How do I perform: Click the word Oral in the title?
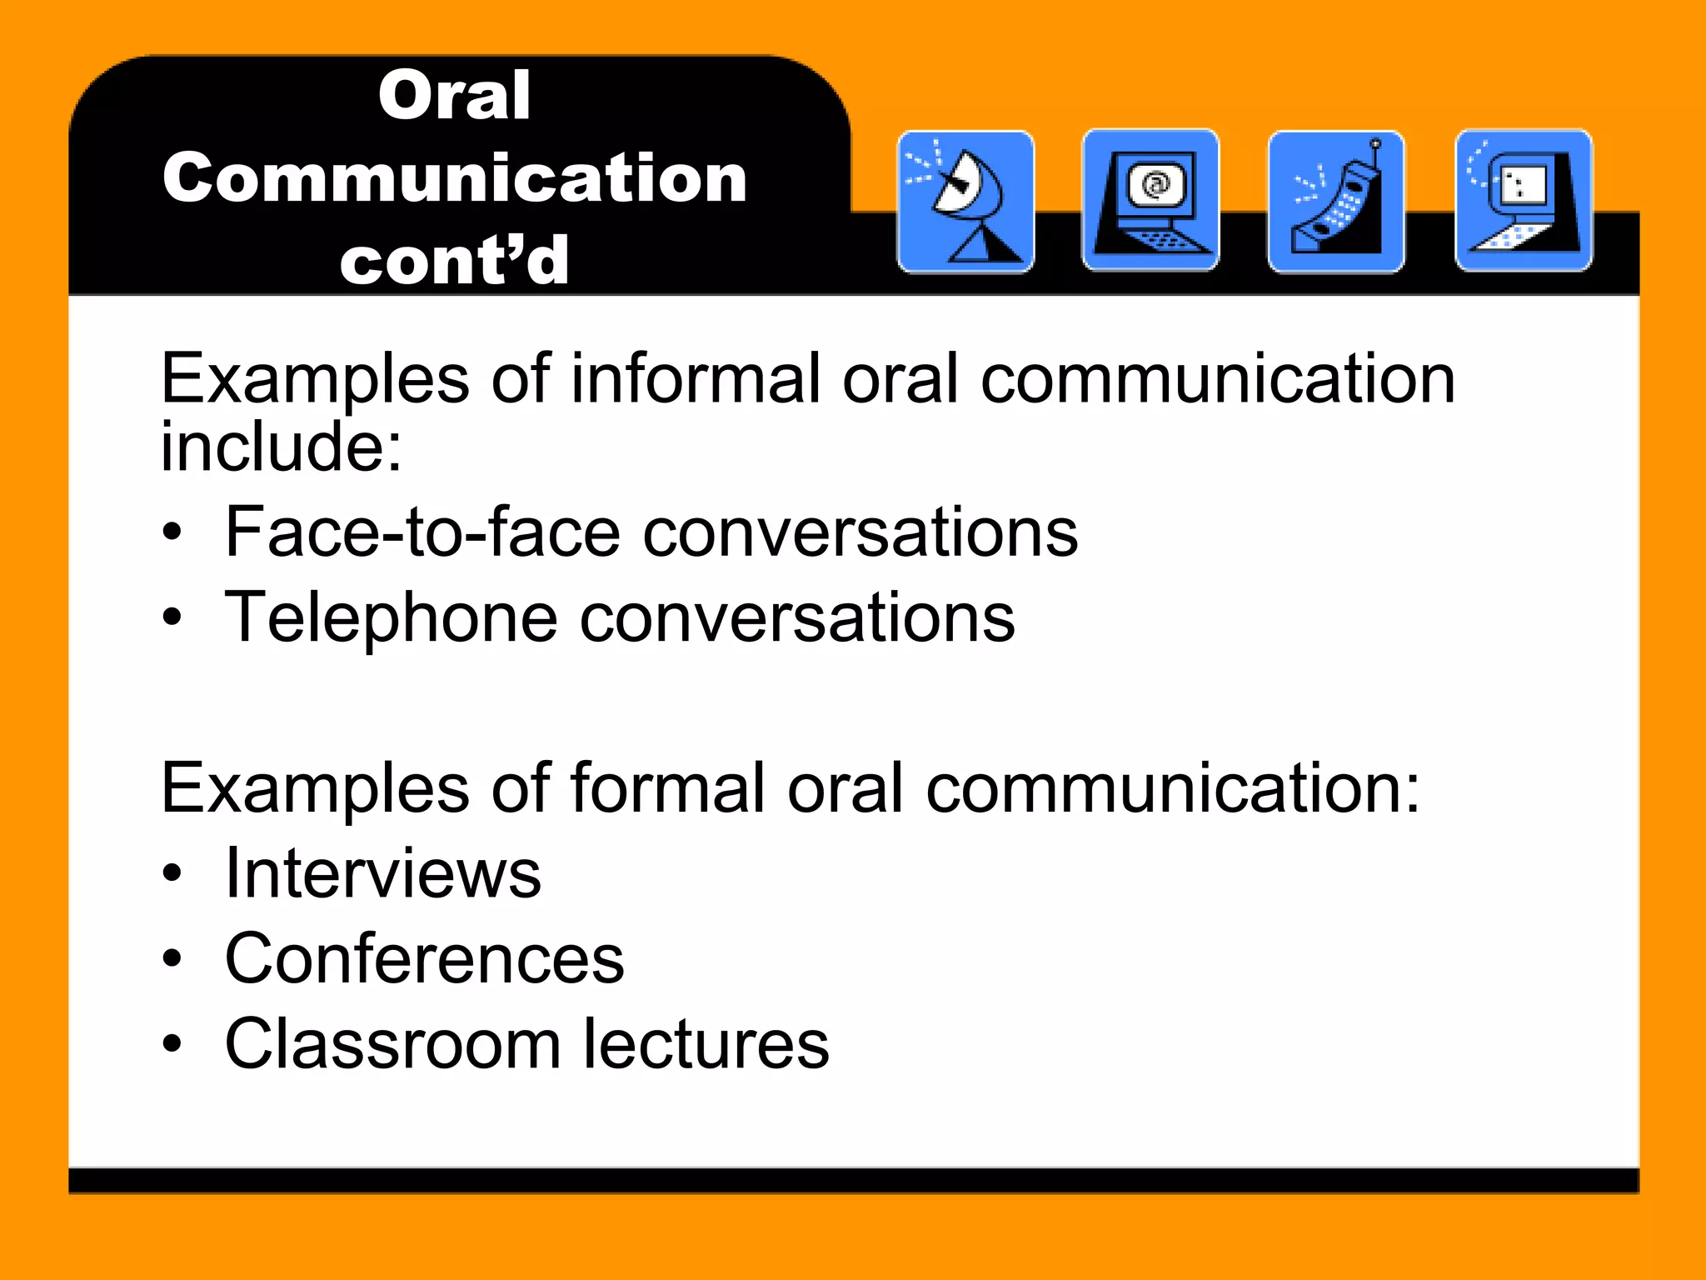coord(454,96)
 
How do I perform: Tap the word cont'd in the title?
coord(454,261)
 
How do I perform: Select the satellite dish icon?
coord(965,202)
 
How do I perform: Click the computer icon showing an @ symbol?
coord(1150,200)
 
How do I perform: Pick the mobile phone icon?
coord(1336,202)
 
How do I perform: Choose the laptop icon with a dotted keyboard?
coord(1524,200)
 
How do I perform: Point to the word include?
coord(281,447)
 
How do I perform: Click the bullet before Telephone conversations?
coord(172,617)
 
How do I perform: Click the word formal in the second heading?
coord(666,788)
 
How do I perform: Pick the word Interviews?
coord(383,874)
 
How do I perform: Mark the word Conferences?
coord(424,959)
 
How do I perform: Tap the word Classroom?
coord(392,1044)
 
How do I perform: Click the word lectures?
coord(706,1044)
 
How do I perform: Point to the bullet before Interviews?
coord(172,874)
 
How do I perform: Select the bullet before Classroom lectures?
coord(172,1044)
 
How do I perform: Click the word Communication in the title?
coord(454,179)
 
